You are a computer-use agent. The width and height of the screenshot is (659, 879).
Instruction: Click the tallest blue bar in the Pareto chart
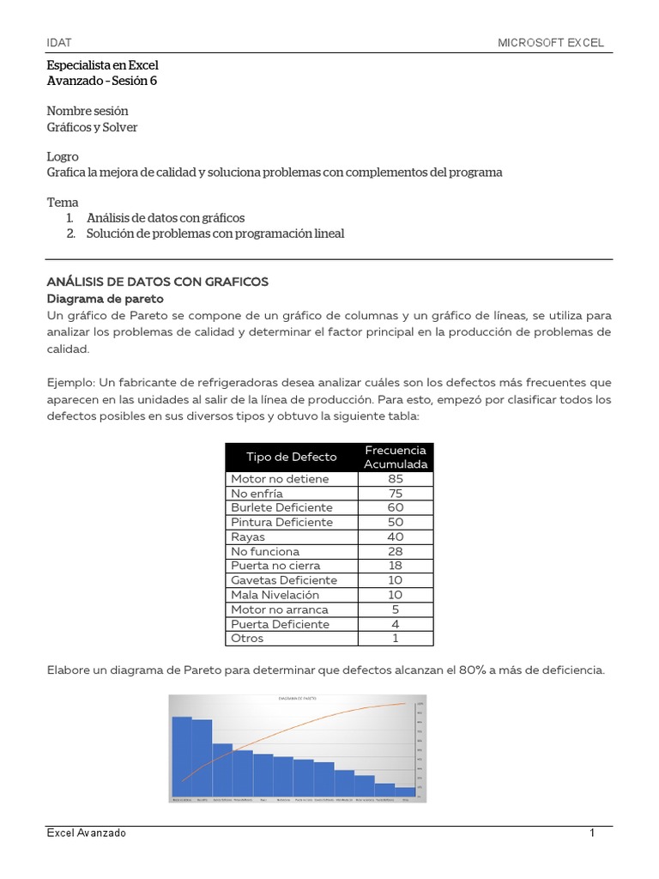click(181, 756)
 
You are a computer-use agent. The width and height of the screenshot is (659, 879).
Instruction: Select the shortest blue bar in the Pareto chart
click(404, 792)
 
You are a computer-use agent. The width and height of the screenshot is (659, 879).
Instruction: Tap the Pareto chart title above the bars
click(297, 699)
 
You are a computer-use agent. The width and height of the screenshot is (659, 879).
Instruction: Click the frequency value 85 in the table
click(396, 479)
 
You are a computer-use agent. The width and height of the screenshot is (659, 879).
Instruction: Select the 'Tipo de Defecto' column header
click(291, 457)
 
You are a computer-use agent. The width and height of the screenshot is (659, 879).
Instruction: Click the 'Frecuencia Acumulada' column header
click(396, 457)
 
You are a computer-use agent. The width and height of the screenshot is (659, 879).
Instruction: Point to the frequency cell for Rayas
click(396, 537)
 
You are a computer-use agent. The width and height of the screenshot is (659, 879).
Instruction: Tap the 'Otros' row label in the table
click(247, 639)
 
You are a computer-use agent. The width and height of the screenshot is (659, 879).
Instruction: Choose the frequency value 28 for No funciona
click(396, 552)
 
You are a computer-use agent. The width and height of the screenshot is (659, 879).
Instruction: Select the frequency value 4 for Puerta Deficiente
click(396, 624)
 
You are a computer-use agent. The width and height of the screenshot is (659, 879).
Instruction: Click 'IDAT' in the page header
click(59, 42)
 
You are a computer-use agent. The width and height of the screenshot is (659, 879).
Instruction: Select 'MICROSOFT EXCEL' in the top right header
click(551, 42)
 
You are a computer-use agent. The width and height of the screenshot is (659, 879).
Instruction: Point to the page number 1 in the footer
click(592, 834)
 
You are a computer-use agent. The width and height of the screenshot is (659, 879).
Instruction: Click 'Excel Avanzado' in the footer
click(86, 834)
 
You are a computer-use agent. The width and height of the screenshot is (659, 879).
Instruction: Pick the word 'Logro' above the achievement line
click(63, 157)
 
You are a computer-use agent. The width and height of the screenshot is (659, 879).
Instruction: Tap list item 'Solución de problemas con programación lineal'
click(215, 233)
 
